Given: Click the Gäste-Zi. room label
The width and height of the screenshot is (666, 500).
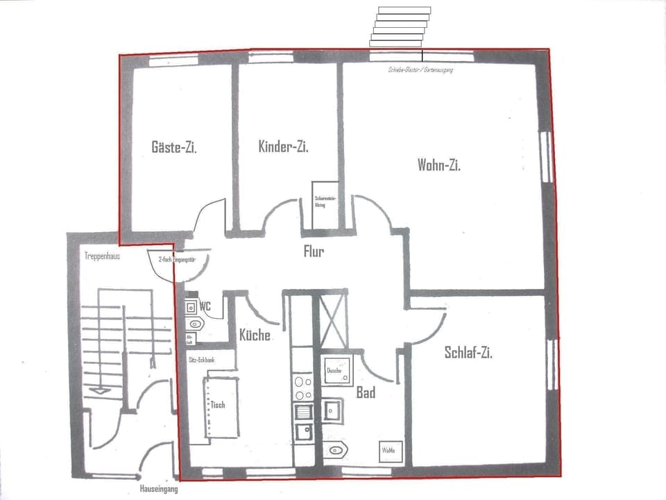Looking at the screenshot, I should (174, 147).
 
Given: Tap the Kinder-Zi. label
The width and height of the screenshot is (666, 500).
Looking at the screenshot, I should (283, 147).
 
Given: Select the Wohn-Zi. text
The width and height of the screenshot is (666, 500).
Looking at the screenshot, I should (439, 165).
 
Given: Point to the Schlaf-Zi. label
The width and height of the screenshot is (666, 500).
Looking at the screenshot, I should (468, 353).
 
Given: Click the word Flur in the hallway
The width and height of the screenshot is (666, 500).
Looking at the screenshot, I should (314, 251).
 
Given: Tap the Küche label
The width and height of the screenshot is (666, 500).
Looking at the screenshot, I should (255, 335).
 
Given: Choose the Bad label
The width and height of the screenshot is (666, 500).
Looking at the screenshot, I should (366, 393).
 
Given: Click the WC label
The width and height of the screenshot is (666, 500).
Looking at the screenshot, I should (205, 306).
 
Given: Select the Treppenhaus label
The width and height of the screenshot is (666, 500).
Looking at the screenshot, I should (103, 256).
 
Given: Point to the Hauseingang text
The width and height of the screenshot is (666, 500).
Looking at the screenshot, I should (159, 489).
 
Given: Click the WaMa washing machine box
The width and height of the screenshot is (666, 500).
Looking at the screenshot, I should (388, 451).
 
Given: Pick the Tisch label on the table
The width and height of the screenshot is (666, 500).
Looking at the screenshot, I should (218, 404).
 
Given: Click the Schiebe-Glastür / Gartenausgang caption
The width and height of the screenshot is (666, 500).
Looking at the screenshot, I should (420, 70).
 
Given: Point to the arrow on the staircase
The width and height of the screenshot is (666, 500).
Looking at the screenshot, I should (101, 390).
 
